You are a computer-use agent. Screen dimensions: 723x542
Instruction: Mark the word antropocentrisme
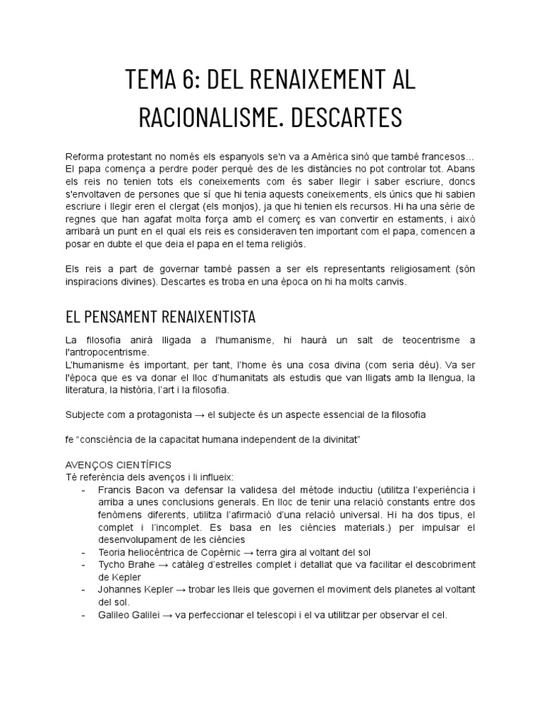click(x=107, y=352)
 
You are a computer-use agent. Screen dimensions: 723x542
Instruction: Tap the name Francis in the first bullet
click(x=114, y=489)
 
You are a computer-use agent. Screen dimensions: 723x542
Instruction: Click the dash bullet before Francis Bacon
click(x=84, y=489)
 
